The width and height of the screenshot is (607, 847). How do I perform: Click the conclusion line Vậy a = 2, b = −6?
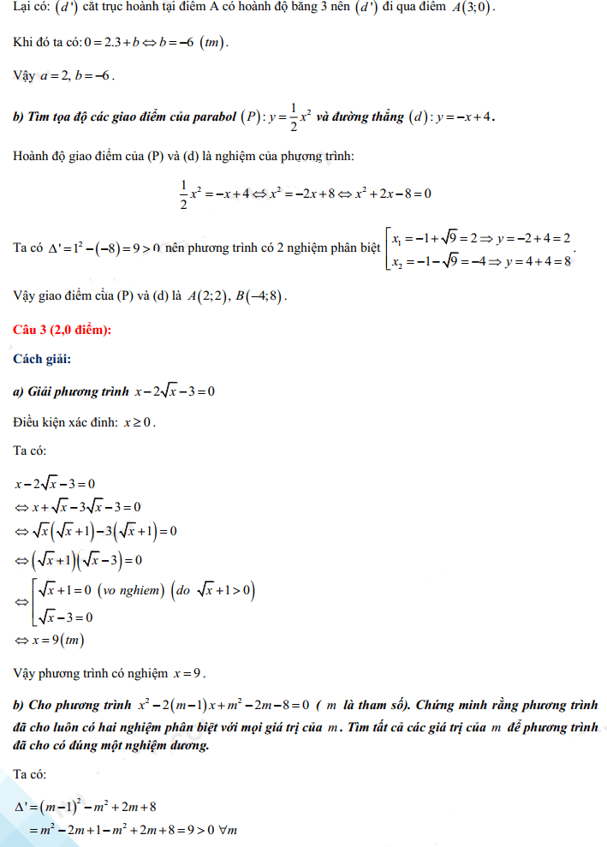[x=64, y=75]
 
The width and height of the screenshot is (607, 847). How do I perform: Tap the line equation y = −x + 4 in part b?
[x=467, y=117]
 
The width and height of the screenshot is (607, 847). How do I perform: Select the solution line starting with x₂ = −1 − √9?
[x=481, y=260]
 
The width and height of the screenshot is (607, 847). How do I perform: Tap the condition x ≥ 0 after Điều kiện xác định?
[x=139, y=422]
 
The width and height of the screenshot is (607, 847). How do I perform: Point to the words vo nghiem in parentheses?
[x=129, y=590]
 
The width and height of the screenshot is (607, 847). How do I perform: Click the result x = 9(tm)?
[x=57, y=640]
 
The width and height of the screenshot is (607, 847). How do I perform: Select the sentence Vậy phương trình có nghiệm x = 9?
[x=110, y=672]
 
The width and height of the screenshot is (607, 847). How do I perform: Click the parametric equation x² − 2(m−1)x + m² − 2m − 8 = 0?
[x=223, y=706]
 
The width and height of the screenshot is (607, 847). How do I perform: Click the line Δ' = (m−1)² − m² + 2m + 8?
[x=85, y=806]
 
